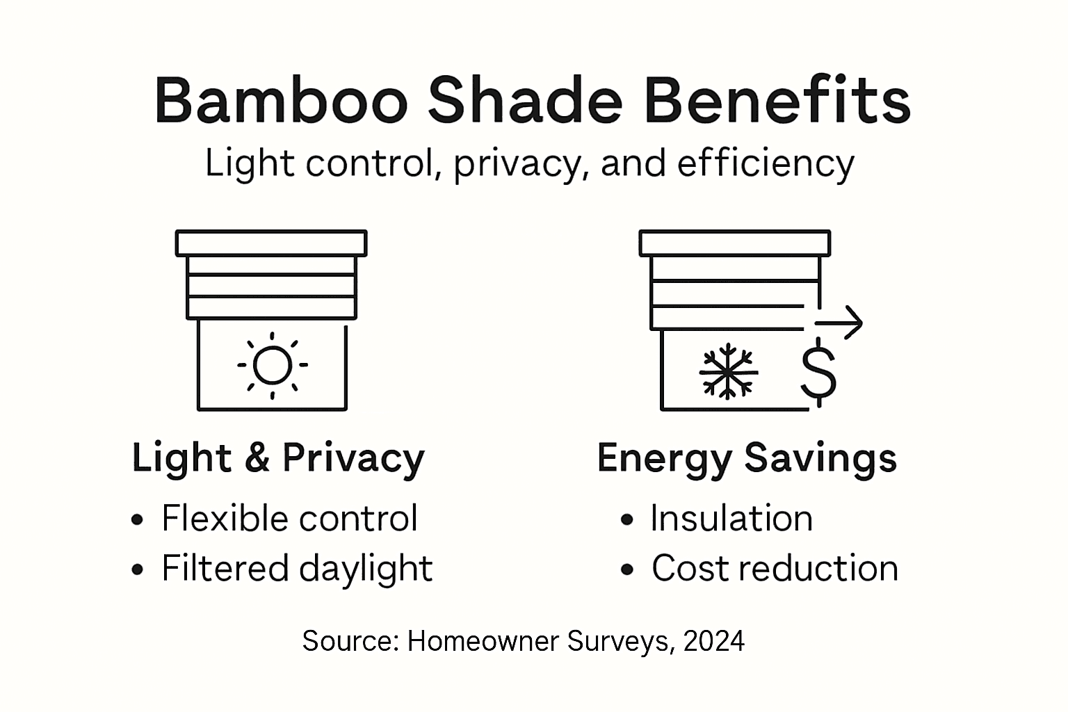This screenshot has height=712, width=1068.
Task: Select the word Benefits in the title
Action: coord(777,101)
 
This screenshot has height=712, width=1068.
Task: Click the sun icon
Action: coord(272,365)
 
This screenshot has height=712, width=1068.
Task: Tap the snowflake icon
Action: coord(727,371)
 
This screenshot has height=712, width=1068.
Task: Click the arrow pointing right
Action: coord(839,323)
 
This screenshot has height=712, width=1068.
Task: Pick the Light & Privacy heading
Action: coord(278,458)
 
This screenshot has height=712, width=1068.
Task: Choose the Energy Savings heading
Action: coord(747,458)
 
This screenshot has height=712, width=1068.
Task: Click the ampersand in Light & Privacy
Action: coord(257,458)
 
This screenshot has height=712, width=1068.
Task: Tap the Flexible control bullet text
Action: coord(289,518)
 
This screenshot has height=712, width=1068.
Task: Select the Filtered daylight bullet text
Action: coord(297,569)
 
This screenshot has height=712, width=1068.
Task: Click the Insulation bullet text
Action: coord(731,518)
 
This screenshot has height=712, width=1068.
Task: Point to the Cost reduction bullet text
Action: coord(775,568)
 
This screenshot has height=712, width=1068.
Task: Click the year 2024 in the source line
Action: coord(714,640)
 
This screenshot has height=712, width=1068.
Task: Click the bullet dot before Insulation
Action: coord(627,519)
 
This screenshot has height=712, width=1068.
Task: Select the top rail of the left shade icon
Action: coord(271,243)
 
